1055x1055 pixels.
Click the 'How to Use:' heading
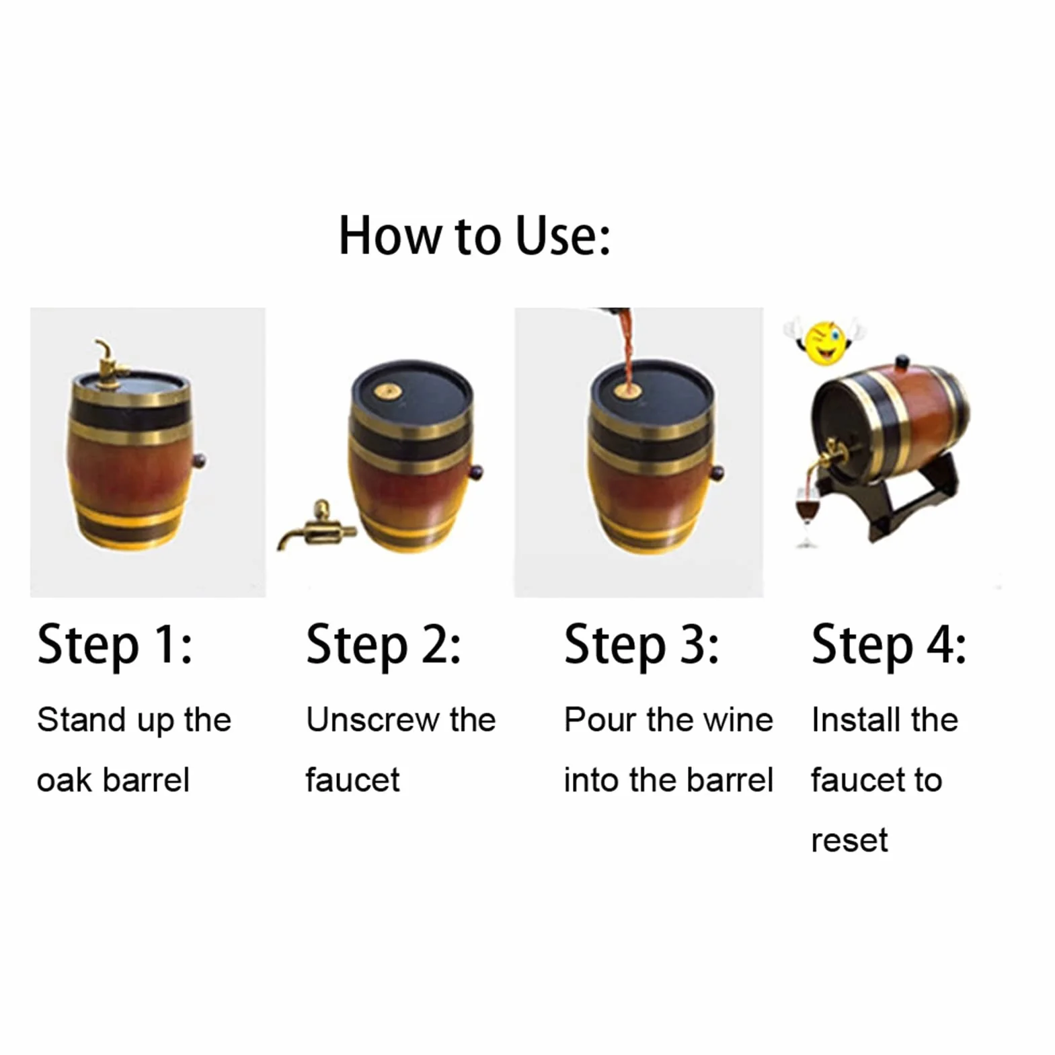pos(475,236)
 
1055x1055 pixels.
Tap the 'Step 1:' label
pos(115,645)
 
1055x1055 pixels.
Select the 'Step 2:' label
pos(383,645)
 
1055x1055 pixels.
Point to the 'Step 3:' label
pos(641,645)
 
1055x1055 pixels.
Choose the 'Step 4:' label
pos(889,645)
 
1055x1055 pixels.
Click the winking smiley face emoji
pos(824,342)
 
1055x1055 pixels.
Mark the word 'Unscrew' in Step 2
pos(372,720)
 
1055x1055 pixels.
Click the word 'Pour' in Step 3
pos(600,720)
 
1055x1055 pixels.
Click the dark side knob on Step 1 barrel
pos(199,461)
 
